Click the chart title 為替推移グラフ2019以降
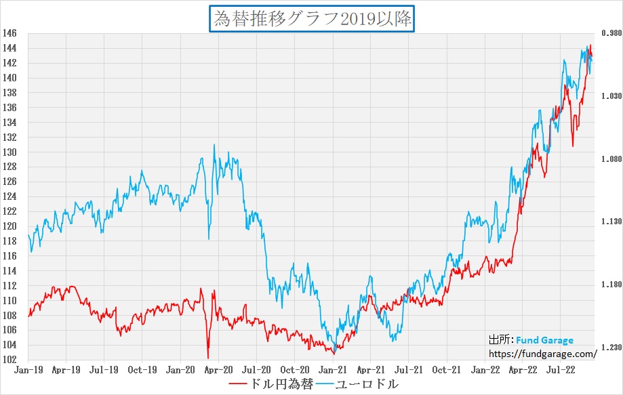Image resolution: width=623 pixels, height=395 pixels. pyautogui.click(x=312, y=18)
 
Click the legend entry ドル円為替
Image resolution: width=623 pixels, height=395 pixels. pyautogui.click(x=271, y=384)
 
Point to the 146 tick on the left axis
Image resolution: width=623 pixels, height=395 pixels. pyautogui.click(x=9, y=33)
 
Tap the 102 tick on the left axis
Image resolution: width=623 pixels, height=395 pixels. pyautogui.click(x=9, y=360)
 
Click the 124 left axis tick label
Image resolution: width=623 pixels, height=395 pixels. pyautogui.click(x=9, y=196)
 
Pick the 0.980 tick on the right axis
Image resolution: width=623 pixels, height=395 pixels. pyautogui.click(x=611, y=33)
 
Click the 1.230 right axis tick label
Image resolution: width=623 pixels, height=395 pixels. pyautogui.click(x=611, y=348)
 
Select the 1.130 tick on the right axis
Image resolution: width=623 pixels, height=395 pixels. pyautogui.click(x=611, y=222)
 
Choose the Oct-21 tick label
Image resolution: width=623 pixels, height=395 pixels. pyautogui.click(x=447, y=370)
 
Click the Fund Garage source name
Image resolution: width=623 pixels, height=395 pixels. pyautogui.click(x=544, y=340)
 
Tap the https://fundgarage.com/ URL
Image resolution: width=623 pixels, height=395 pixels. pyautogui.click(x=543, y=353)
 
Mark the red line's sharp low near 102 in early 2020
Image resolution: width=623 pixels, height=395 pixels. pyautogui.click(x=207, y=358)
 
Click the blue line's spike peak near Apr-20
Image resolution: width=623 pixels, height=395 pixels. pyautogui.click(x=214, y=145)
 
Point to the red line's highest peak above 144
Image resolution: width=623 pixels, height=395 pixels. pyautogui.click(x=590, y=45)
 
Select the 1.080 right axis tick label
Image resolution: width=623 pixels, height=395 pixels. pyautogui.click(x=611, y=159)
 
